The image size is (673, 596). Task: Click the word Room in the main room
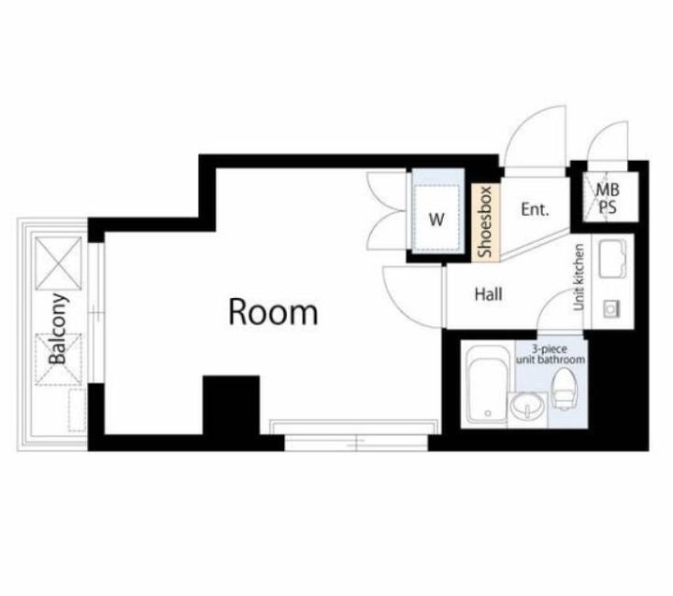pyautogui.click(x=273, y=311)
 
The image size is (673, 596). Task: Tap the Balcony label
pyautogui.click(x=58, y=329)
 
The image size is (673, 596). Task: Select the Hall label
pyautogui.click(x=489, y=294)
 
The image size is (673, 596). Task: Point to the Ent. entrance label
pyautogui.click(x=536, y=209)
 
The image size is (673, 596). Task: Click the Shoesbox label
pyautogui.click(x=484, y=221)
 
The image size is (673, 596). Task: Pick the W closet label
pyautogui.click(x=437, y=220)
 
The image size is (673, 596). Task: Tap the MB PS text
pyautogui.click(x=608, y=199)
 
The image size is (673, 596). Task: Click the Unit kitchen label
pyautogui.click(x=579, y=277)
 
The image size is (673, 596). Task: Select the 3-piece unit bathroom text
pyautogui.click(x=551, y=354)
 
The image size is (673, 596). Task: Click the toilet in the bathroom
pyautogui.click(x=564, y=390)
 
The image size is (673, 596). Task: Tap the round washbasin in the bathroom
pyautogui.click(x=527, y=406)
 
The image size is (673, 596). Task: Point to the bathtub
pyautogui.click(x=486, y=385)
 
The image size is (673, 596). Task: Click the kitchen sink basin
pyautogui.click(x=612, y=259)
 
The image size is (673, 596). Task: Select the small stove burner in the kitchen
pyautogui.click(x=611, y=308)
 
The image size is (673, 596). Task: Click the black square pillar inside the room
pyautogui.click(x=231, y=405)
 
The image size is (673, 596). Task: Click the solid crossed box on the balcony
pyautogui.click(x=58, y=263)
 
